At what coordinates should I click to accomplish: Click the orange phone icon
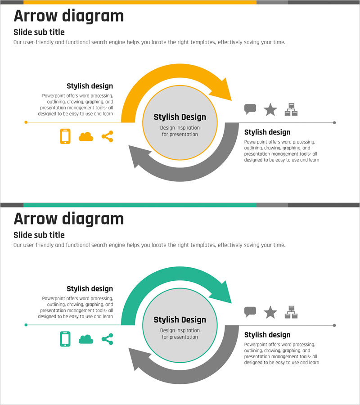click(65, 136)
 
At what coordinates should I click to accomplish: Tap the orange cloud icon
click(86, 137)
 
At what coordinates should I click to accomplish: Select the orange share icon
click(108, 136)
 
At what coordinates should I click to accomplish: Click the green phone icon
click(65, 339)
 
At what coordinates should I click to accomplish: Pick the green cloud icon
click(86, 339)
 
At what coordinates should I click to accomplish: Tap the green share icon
click(108, 339)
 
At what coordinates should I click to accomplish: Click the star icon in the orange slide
click(270, 109)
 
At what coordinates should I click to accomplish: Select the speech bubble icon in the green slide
click(250, 312)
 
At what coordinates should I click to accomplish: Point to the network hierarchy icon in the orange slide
click(291, 109)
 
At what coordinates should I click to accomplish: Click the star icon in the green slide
click(270, 312)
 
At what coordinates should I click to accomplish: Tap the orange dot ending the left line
click(26, 122)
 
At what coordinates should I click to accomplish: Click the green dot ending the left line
click(26, 325)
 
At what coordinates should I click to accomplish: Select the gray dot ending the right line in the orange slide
click(334, 123)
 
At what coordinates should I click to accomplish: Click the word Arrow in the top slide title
click(36, 16)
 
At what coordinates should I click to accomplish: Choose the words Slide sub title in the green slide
click(39, 235)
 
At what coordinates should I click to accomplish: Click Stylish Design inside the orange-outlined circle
click(180, 117)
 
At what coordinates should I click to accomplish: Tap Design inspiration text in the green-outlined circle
click(180, 330)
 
